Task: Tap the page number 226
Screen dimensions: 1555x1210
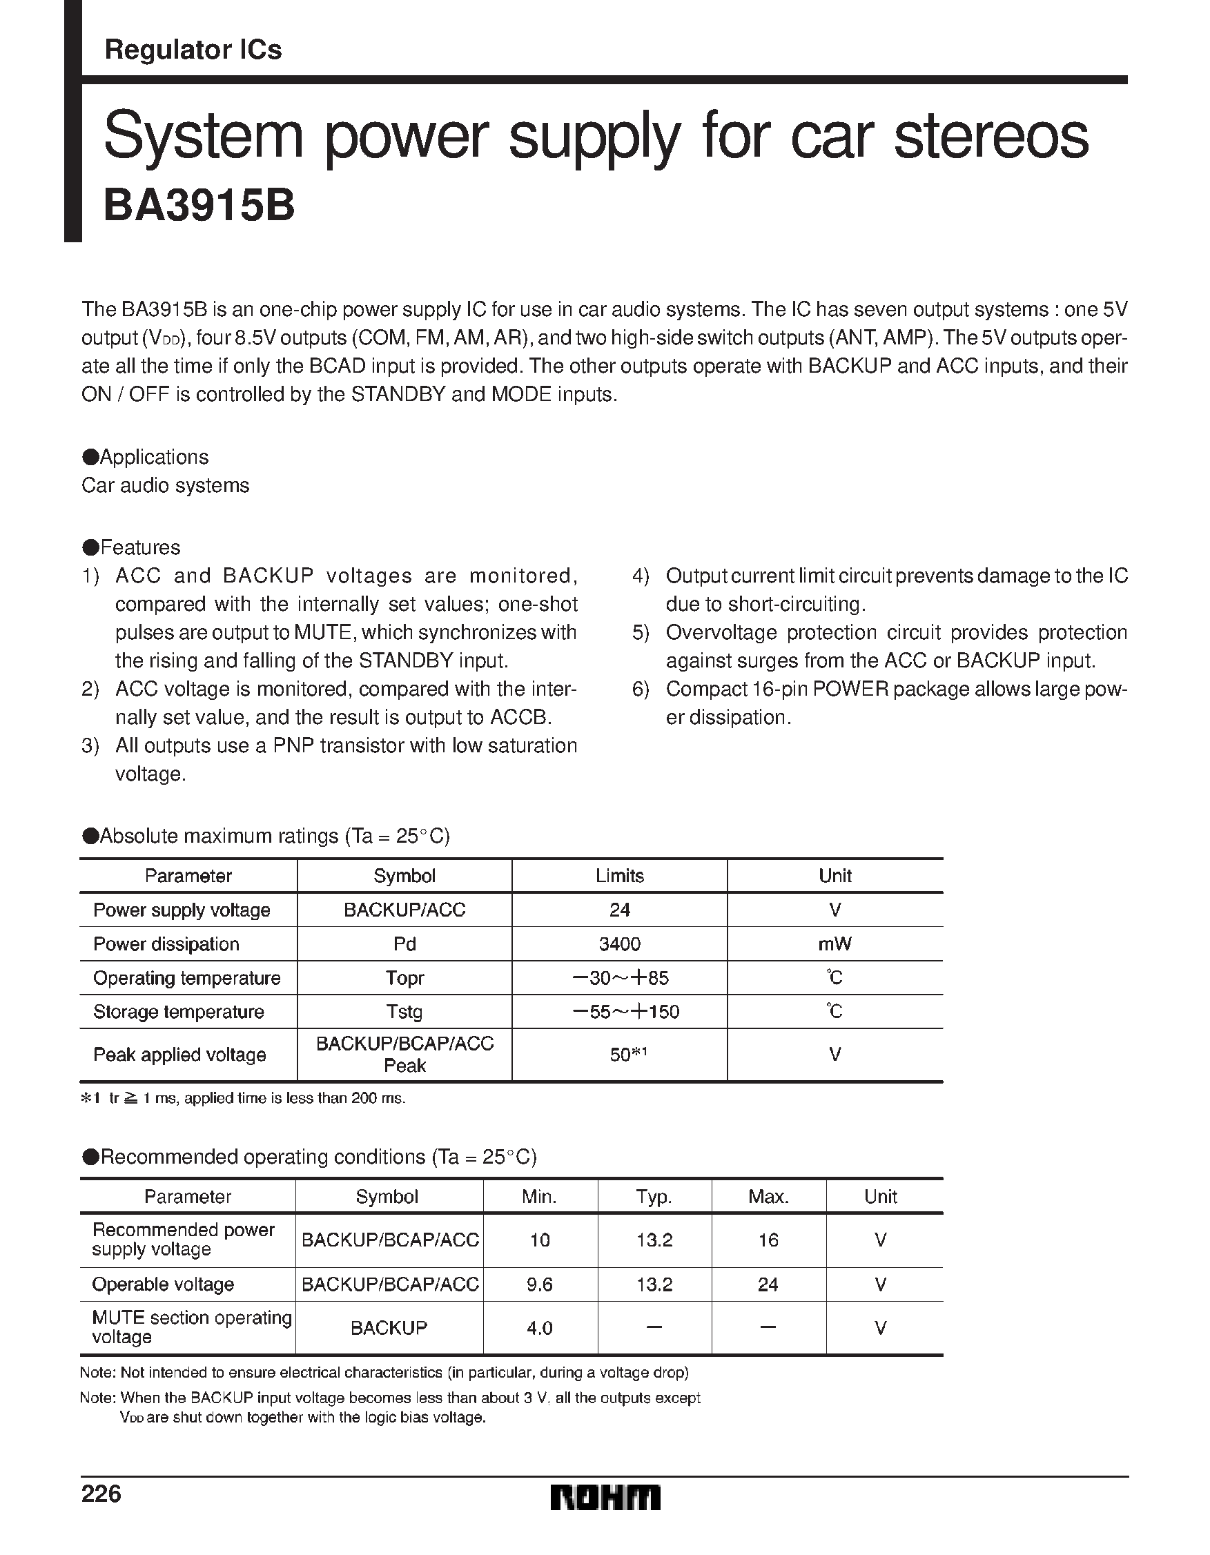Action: point(101,1494)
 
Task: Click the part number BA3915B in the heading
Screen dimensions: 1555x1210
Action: point(199,206)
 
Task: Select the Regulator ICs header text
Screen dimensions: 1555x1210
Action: point(193,50)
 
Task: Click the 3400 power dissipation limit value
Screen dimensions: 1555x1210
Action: point(619,944)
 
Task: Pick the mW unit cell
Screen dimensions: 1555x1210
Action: point(835,944)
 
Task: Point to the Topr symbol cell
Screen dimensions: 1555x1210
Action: point(404,978)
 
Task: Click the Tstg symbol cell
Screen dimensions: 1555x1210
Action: point(404,1012)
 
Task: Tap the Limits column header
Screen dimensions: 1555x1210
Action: point(619,876)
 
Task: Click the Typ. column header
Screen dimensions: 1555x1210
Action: point(654,1197)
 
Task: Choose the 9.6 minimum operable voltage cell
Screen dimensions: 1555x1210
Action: point(539,1284)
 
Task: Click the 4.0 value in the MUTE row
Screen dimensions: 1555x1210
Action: point(539,1328)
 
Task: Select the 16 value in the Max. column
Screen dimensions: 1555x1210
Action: point(768,1240)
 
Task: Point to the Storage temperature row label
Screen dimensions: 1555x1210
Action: point(178,1012)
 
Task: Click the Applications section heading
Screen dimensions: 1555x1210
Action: point(146,457)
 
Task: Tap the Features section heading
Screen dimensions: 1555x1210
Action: point(132,547)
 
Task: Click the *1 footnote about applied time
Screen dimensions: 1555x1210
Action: point(244,1098)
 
